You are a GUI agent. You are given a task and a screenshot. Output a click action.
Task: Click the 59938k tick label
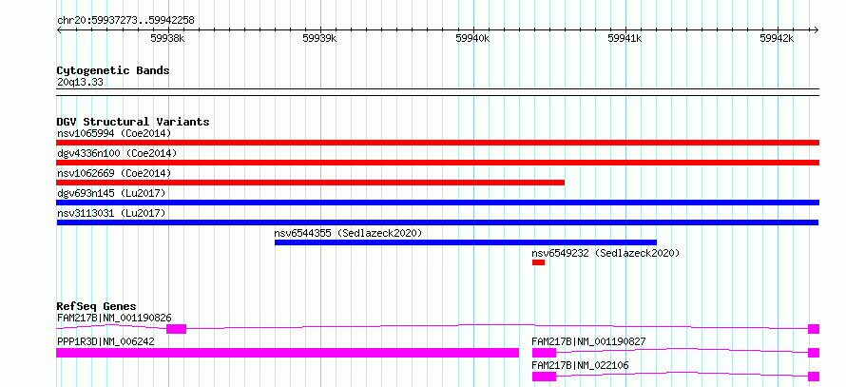[x=168, y=38]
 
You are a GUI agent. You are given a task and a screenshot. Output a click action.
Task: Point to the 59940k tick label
[x=472, y=38]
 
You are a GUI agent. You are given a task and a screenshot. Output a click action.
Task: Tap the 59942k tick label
[x=777, y=38]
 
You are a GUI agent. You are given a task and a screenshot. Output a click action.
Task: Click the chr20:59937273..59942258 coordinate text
[x=125, y=21]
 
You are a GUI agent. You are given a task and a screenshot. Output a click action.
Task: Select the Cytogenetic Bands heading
[x=113, y=70]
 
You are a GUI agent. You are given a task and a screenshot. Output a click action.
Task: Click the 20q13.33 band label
[x=80, y=83]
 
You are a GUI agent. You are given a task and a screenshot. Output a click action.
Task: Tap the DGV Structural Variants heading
[x=133, y=122]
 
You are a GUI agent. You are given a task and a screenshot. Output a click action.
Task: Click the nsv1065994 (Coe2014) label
[x=114, y=133]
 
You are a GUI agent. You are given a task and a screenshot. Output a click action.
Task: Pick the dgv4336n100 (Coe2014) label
[x=117, y=153]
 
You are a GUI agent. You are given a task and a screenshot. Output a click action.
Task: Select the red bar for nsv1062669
[x=310, y=183]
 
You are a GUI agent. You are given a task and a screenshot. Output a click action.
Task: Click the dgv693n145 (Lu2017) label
[x=111, y=193]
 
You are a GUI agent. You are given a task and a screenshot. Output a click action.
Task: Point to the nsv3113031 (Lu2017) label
[x=111, y=213]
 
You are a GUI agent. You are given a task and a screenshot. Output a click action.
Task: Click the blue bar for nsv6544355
[x=466, y=242]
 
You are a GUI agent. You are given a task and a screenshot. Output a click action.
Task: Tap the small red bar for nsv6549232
[x=538, y=262]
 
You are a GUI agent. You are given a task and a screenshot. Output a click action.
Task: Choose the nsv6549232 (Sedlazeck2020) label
[x=606, y=253]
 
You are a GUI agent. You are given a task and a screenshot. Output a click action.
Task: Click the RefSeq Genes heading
[x=97, y=306]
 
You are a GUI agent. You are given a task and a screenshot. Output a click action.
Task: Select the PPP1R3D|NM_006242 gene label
[x=106, y=341]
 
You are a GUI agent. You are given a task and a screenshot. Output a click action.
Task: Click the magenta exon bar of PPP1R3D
[x=288, y=353]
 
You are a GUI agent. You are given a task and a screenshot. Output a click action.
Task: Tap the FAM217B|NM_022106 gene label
[x=580, y=365]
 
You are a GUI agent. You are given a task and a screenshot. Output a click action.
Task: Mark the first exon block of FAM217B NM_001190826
[x=177, y=329]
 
